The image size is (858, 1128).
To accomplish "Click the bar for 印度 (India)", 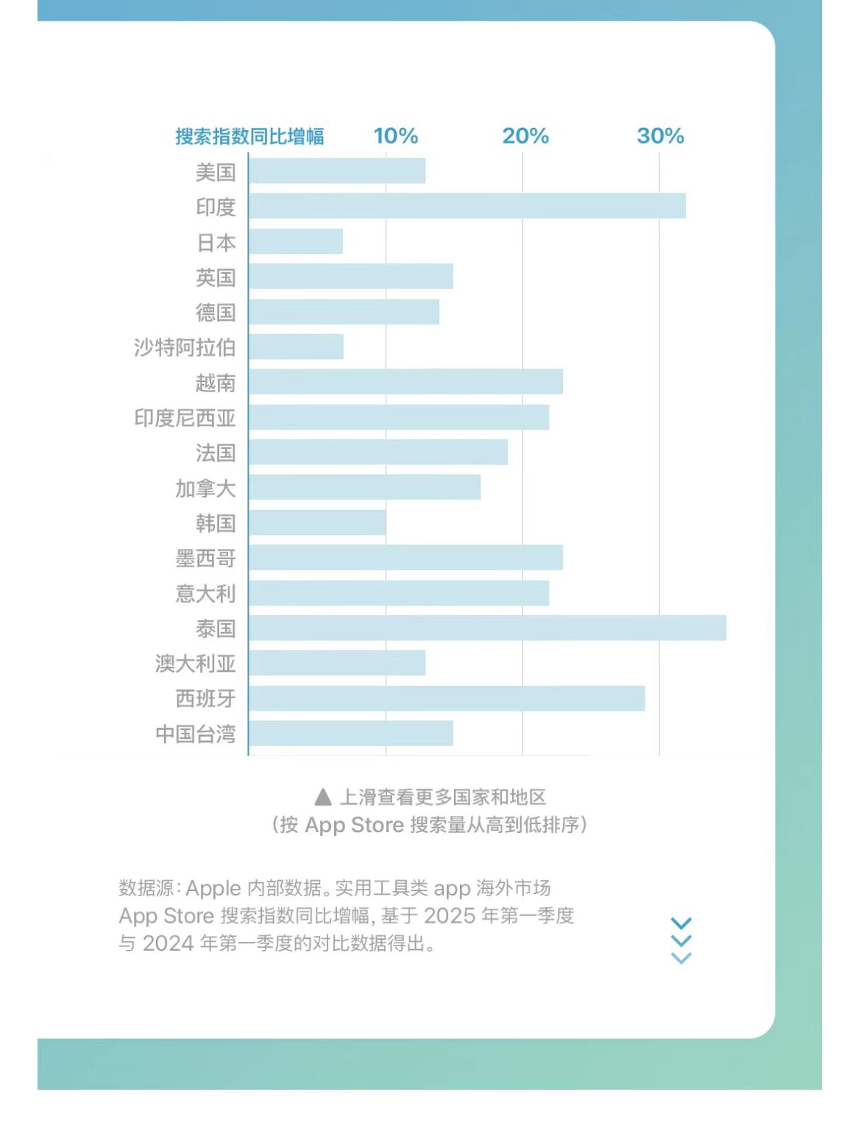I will [467, 206].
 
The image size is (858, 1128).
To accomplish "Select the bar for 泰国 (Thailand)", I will [487, 628].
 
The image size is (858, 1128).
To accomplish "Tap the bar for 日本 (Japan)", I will [296, 241].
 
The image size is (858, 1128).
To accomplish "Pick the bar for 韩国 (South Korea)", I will [317, 522].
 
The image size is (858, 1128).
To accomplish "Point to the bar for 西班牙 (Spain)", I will [447, 698].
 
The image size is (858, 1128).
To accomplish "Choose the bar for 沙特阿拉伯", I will [297, 347].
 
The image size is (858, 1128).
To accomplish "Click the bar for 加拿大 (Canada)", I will [365, 487].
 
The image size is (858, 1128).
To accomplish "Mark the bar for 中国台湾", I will [351, 734].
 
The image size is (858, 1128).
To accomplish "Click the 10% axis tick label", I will [396, 136].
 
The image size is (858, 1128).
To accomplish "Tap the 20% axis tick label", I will [525, 136].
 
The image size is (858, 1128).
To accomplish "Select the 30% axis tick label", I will [660, 136].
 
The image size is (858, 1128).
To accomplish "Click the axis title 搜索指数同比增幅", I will [249, 137].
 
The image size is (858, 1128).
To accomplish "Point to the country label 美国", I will [216, 172].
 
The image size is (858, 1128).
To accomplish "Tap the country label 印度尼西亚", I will [185, 418].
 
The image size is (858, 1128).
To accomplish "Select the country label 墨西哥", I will [205, 558].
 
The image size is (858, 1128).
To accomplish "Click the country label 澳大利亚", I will [195, 664].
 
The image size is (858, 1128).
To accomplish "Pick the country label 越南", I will [216, 383].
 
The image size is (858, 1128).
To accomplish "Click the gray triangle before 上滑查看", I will [322, 797].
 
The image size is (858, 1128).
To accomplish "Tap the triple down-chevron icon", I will [681, 940].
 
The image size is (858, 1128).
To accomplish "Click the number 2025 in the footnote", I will [450, 916].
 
